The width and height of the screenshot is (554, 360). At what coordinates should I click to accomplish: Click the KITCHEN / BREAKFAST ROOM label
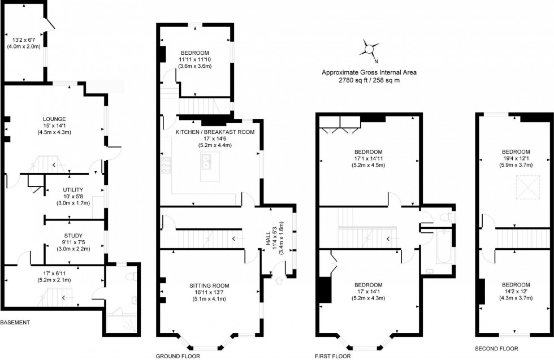click(x=215, y=132)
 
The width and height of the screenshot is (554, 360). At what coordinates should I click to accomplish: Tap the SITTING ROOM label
click(x=209, y=285)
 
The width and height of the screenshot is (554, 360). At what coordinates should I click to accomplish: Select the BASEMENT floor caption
click(x=15, y=323)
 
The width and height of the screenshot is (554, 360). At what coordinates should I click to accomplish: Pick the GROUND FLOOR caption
click(x=178, y=356)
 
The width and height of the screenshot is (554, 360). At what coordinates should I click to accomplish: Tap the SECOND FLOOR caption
click(x=496, y=349)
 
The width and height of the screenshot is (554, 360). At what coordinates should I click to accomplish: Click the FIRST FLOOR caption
click(x=333, y=356)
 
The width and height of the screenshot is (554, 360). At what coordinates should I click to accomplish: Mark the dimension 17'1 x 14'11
click(x=369, y=159)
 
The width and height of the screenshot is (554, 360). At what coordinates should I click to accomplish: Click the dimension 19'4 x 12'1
click(x=516, y=159)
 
